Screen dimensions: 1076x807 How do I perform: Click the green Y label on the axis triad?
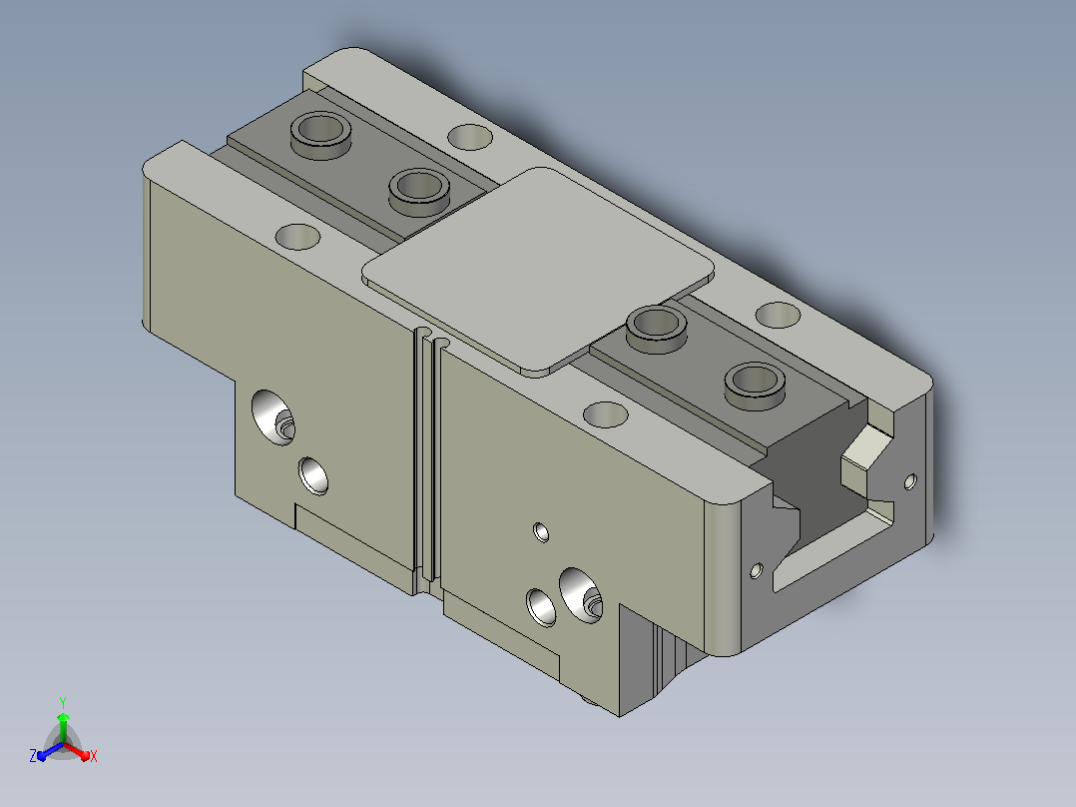click(63, 702)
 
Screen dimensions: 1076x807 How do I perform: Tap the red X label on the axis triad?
click(94, 756)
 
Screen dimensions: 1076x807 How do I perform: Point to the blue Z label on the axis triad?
click(33, 756)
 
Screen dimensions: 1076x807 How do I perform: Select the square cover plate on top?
click(538, 270)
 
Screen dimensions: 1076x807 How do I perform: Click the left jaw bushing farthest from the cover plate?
click(321, 134)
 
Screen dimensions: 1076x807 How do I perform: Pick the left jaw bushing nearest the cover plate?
click(419, 191)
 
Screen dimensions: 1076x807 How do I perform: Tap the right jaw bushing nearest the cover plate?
click(658, 329)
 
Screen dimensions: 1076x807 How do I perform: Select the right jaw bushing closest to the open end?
click(756, 386)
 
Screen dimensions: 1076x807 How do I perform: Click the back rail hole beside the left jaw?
click(470, 138)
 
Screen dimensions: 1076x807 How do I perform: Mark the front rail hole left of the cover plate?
click(297, 237)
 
